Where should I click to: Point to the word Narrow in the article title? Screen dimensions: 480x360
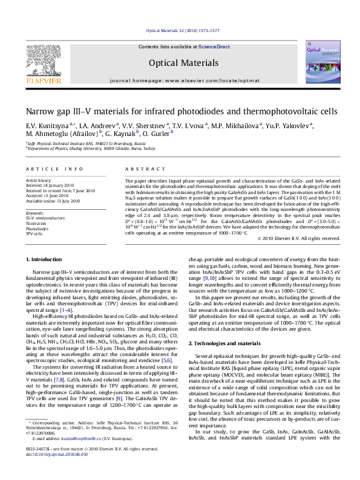(x=41, y=112)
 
